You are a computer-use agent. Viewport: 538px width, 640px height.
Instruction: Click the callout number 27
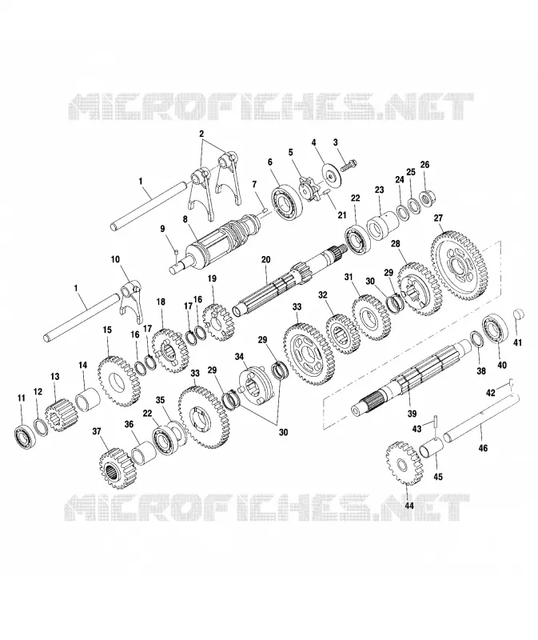[x=438, y=218]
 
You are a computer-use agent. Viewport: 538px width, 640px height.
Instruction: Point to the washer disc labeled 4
[x=330, y=174]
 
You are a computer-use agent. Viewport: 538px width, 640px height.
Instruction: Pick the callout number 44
[x=409, y=506]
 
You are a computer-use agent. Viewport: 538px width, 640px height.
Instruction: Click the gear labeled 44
[x=404, y=462]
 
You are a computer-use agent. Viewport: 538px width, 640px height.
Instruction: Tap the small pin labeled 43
[x=436, y=422]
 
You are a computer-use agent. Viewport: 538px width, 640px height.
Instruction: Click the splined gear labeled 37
[x=117, y=468]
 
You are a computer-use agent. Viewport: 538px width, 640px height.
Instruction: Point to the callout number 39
[x=412, y=414]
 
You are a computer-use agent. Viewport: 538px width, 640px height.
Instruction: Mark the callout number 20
[x=265, y=259]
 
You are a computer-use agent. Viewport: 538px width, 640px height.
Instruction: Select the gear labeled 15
[x=119, y=382]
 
